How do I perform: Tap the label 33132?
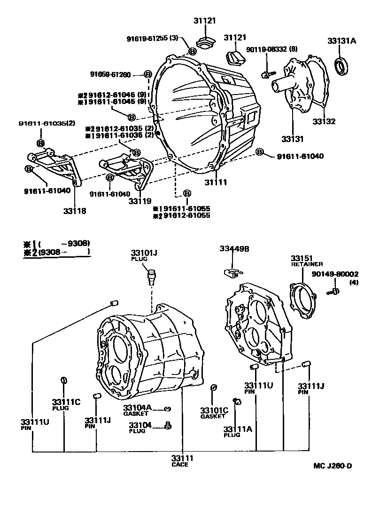pyautogui.click(x=324, y=121)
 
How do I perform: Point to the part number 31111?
pyautogui.click(x=216, y=182)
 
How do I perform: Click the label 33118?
pyautogui.click(x=75, y=211)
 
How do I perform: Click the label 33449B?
pyautogui.click(x=234, y=249)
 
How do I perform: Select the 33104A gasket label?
pyautogui.click(x=137, y=407)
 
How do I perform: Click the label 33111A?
pyautogui.click(x=238, y=429)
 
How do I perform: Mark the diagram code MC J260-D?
pyautogui.click(x=333, y=466)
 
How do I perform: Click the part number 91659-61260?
pyautogui.click(x=111, y=74)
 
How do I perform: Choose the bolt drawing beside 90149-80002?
pyautogui.click(x=335, y=292)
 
